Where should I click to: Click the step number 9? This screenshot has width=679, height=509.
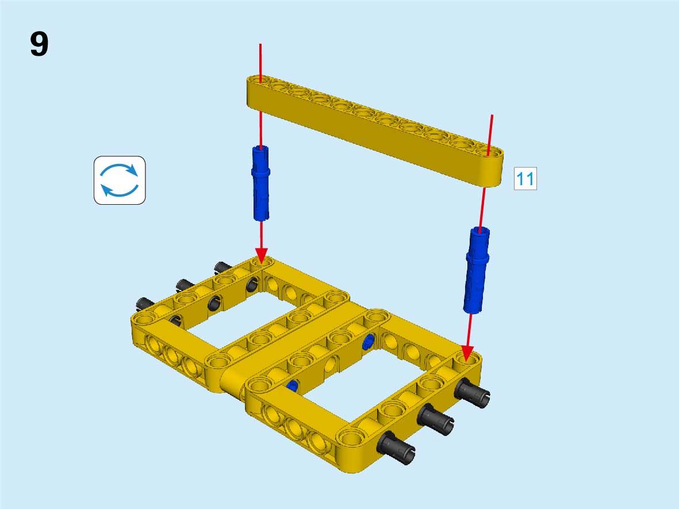tap(39, 44)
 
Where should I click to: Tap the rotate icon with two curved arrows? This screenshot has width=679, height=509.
tap(120, 180)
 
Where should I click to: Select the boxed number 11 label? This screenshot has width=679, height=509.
tap(525, 178)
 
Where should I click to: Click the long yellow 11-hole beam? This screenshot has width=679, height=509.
tap(375, 131)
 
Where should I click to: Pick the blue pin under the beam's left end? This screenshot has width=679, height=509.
tap(260, 183)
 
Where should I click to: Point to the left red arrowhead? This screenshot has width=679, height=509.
tap(261, 255)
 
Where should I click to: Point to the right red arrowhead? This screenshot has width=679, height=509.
tap(467, 353)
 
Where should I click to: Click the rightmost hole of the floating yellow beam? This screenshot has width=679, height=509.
tap(489, 152)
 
